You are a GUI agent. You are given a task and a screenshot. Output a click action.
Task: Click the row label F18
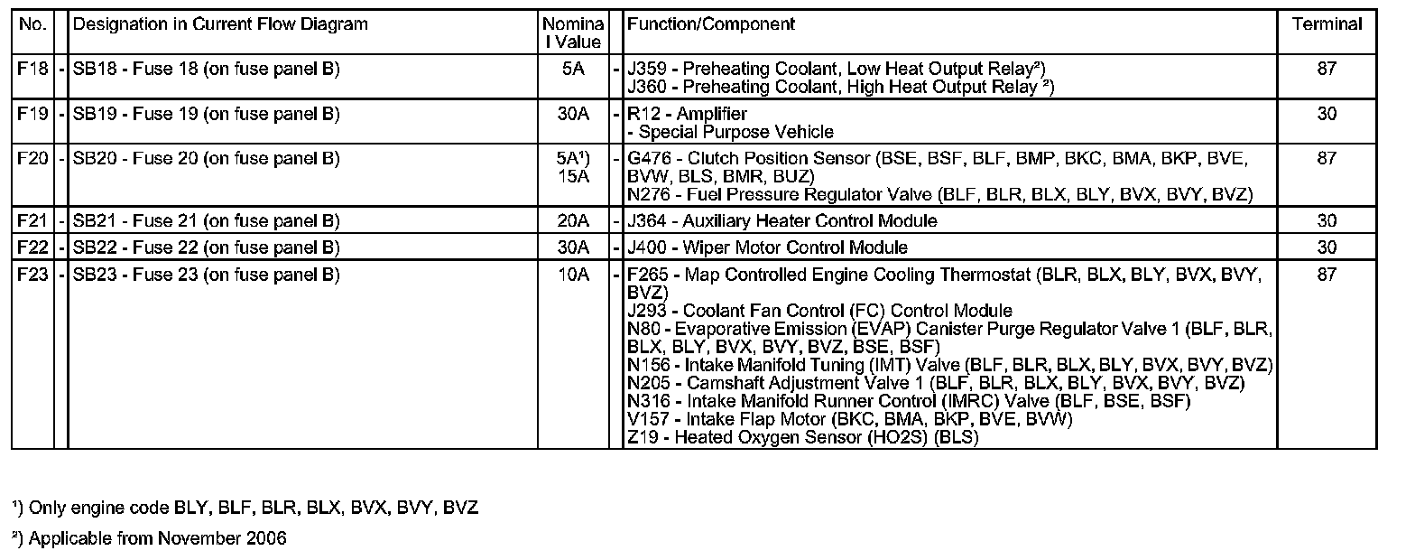(32, 69)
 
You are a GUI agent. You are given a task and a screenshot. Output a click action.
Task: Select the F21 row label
(32, 221)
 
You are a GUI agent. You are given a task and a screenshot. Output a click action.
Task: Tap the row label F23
(32, 275)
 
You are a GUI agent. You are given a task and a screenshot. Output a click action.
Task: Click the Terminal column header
(1327, 24)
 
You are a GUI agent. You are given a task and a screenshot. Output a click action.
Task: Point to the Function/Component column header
(710, 24)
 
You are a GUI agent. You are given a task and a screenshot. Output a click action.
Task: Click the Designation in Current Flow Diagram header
(220, 24)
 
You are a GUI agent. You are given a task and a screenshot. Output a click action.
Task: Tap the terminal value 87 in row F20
(1327, 159)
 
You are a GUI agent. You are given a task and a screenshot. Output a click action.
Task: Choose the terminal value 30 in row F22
(1327, 247)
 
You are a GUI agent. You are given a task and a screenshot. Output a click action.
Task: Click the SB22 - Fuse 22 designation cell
(206, 247)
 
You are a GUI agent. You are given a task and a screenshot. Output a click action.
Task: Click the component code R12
(644, 114)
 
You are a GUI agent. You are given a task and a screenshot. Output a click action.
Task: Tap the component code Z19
(642, 437)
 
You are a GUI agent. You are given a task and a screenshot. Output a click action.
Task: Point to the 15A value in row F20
(574, 177)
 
